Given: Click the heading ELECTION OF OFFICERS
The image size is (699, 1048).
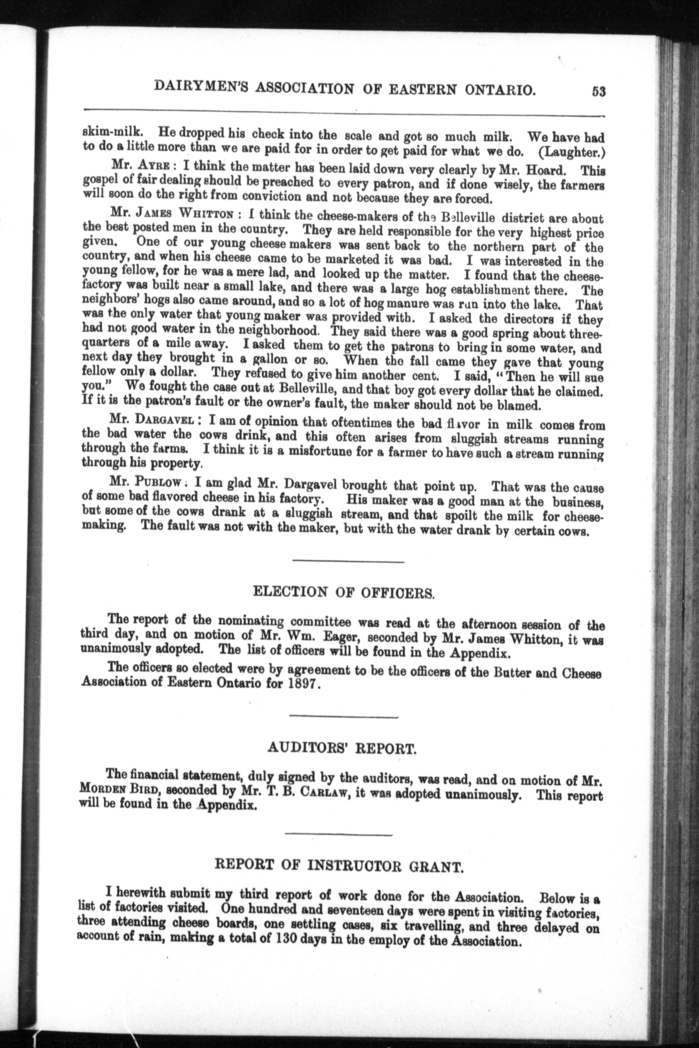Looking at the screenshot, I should (x=343, y=593).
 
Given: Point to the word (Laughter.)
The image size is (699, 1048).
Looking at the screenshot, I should (x=572, y=152).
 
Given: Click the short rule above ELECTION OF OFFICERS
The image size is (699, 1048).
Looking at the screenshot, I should (x=348, y=562).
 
